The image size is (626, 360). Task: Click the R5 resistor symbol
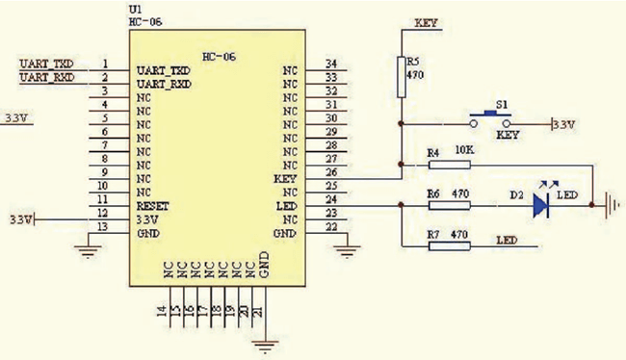[x=402, y=75]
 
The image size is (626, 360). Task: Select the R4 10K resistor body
[x=449, y=165]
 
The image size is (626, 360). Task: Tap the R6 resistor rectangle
[x=449, y=205]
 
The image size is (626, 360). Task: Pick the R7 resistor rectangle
[x=449, y=245]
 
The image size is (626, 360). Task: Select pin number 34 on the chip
[x=331, y=64]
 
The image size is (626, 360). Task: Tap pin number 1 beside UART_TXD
[x=104, y=64]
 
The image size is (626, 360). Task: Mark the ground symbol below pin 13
[x=88, y=252]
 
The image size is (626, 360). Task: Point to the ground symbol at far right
[x=609, y=205]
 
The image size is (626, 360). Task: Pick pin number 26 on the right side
[x=331, y=171]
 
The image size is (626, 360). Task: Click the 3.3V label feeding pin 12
[x=18, y=220]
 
